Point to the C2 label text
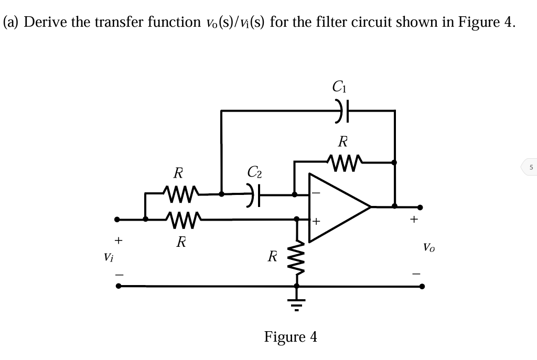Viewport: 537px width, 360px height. coord(255,171)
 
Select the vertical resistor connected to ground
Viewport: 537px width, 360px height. coord(296,257)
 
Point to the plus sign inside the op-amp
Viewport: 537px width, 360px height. coord(317,222)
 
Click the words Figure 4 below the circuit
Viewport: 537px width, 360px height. coord(291,336)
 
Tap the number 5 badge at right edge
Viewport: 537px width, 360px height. coord(530,168)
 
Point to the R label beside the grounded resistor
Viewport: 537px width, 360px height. coord(272,257)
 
